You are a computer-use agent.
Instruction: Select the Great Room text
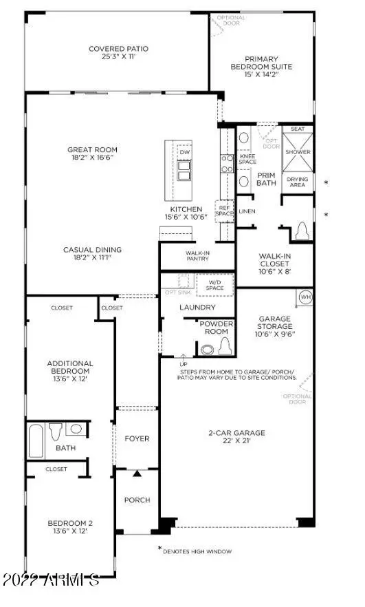tap(92, 153)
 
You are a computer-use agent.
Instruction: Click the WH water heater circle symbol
tap(306, 297)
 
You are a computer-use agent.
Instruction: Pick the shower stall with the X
tap(297, 151)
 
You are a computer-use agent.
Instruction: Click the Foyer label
tap(137, 438)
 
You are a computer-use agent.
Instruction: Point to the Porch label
tap(137, 500)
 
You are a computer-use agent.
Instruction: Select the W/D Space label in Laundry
tap(214, 284)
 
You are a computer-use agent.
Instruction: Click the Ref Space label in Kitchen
tap(224, 210)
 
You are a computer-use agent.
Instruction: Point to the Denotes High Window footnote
tap(197, 551)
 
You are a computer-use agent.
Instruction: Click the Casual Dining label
tap(93, 254)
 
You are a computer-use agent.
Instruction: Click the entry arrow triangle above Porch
tap(137, 473)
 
